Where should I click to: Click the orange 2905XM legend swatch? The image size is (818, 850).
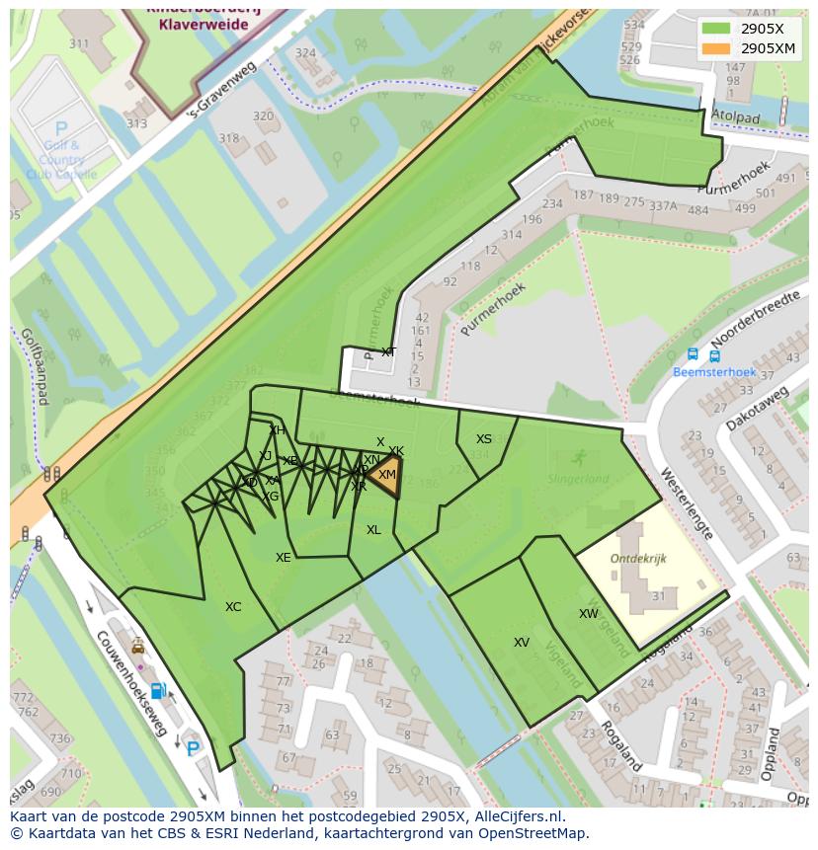pyautogui.click(x=717, y=47)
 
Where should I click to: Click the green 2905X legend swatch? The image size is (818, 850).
pyautogui.click(x=717, y=28)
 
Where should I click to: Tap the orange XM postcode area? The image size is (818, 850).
pyautogui.click(x=386, y=472)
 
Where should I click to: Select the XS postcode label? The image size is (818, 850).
pyautogui.click(x=484, y=439)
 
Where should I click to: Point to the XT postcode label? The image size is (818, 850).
pyautogui.click(x=388, y=352)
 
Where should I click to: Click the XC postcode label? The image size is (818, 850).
pyautogui.click(x=233, y=607)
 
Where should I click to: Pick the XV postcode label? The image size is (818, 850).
pyautogui.click(x=522, y=643)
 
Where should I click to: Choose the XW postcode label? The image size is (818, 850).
pyautogui.click(x=589, y=614)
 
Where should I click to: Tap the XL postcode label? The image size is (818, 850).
pyautogui.click(x=373, y=530)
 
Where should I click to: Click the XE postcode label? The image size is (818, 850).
pyautogui.click(x=284, y=558)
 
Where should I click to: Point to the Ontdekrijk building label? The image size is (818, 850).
pyautogui.click(x=638, y=559)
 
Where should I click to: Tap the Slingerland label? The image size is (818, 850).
pyautogui.click(x=578, y=479)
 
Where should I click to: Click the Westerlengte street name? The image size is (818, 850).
pyautogui.click(x=689, y=502)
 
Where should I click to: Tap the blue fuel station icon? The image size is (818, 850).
pyautogui.click(x=156, y=690)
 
